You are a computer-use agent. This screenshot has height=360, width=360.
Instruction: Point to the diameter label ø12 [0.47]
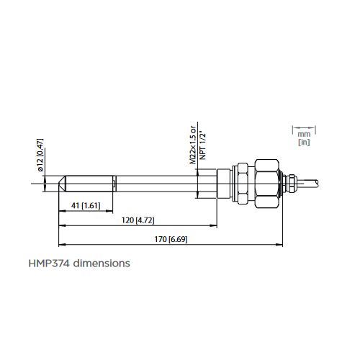[x=41, y=154]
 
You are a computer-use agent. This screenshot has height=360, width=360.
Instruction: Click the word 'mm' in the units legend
[x=303, y=134]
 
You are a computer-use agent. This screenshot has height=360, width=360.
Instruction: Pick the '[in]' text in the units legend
[x=303, y=143]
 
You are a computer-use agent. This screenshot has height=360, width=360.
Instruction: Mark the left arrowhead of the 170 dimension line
[x=60, y=243]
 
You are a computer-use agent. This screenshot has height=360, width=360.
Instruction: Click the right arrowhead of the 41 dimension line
[x=113, y=210]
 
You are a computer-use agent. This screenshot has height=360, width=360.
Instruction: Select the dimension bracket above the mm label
[x=303, y=127]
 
